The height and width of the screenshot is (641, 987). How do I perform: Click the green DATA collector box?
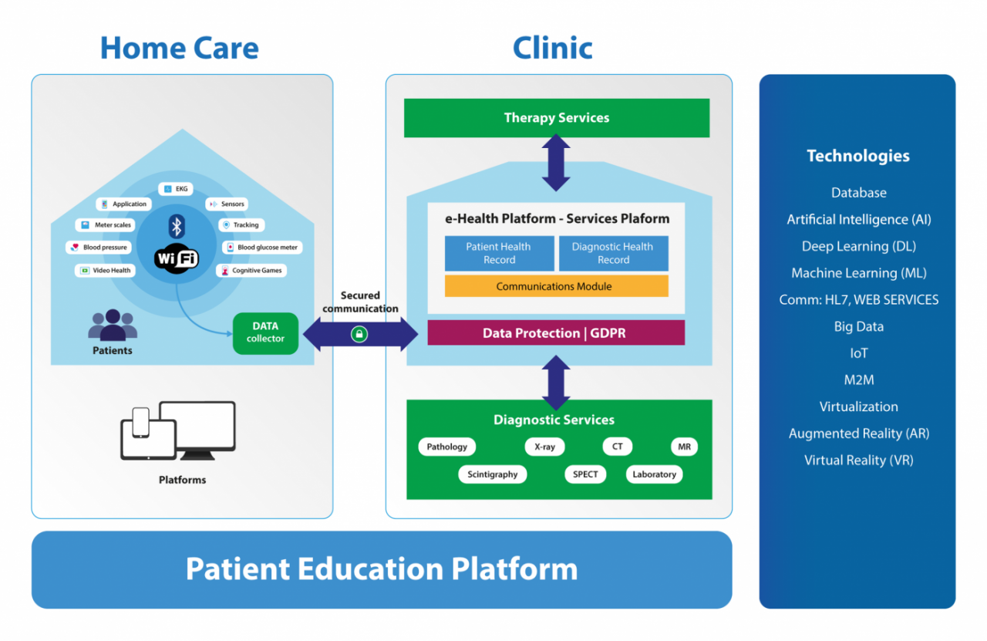click(x=265, y=333)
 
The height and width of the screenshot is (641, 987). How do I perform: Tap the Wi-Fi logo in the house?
click(x=177, y=258)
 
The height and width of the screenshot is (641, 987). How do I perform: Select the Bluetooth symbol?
click(x=177, y=227)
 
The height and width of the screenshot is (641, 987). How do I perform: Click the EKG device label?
click(x=175, y=189)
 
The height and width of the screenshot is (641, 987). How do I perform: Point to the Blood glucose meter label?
click(x=262, y=248)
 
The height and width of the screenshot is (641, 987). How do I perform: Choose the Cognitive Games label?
click(x=251, y=270)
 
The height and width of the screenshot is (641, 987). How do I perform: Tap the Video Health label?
click(x=105, y=270)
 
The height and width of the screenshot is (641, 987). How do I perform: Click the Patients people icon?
click(x=113, y=325)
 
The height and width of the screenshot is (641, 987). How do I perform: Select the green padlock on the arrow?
click(x=359, y=334)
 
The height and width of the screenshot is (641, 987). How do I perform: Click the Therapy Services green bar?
click(x=557, y=118)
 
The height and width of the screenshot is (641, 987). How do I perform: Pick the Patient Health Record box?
click(x=499, y=253)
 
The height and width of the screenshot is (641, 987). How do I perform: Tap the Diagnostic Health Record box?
click(x=613, y=253)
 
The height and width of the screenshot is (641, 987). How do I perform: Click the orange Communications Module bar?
click(x=557, y=286)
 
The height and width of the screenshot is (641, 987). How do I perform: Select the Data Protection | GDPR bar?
click(x=556, y=333)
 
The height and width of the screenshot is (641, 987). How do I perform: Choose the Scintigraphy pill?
click(x=492, y=474)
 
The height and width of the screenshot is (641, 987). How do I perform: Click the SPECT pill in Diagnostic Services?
click(x=585, y=474)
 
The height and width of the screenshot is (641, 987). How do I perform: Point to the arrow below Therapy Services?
click(x=556, y=162)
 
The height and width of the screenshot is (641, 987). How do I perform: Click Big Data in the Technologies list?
click(x=858, y=326)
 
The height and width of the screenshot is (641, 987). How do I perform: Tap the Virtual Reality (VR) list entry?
click(x=858, y=461)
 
